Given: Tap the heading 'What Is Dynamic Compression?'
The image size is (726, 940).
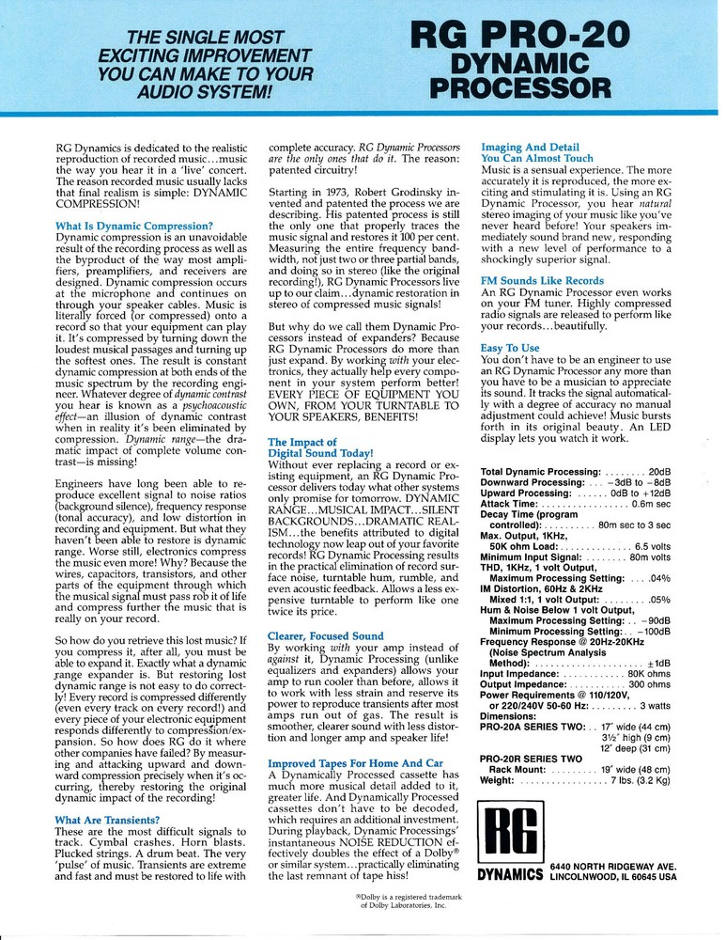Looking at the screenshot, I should (x=133, y=226).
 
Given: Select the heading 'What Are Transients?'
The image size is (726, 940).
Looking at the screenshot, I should (x=113, y=821).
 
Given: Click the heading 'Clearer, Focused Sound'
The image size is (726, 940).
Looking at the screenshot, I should (x=326, y=636).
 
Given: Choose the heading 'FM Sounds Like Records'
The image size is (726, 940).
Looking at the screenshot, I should (x=542, y=281).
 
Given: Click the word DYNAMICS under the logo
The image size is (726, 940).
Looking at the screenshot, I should (x=510, y=875).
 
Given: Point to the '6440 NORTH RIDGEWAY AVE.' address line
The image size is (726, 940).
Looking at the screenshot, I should (x=613, y=865).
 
